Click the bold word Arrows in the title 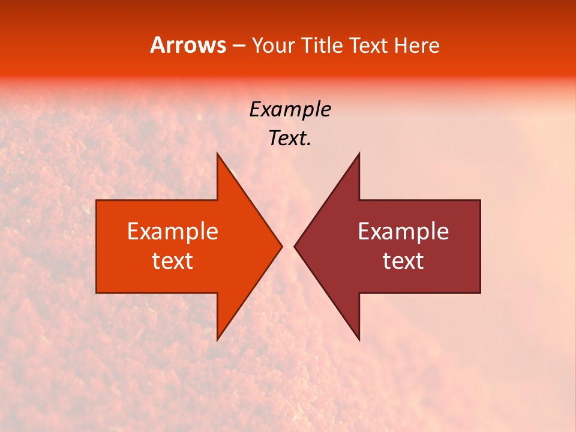188,45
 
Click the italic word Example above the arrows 290,110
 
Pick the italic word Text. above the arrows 290,139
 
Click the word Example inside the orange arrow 173,232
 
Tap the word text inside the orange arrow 173,261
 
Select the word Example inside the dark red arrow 403,232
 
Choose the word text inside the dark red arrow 403,261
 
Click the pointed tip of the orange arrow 281,246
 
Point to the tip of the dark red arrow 295,246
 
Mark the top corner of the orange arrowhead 218,155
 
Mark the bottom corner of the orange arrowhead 218,338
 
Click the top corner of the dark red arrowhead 359,155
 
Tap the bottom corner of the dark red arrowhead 359,338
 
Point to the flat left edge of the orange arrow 97,246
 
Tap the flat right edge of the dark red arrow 480,246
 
